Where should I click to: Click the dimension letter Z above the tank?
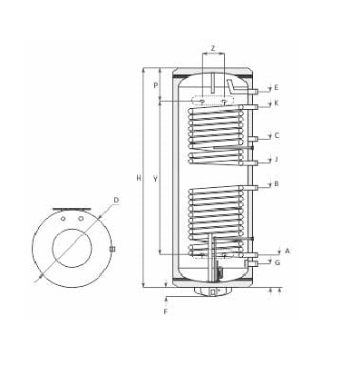pos(213,48)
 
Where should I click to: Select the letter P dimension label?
pos(156,85)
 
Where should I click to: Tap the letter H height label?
pos(139,178)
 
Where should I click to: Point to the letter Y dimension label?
pos(155,179)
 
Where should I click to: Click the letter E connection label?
pos(276,88)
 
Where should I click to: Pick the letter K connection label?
pos(276,104)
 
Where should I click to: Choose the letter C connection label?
pos(277,135)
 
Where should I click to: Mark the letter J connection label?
pos(276,159)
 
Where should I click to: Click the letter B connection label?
pos(276,183)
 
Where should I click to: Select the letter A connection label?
pos(287,251)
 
